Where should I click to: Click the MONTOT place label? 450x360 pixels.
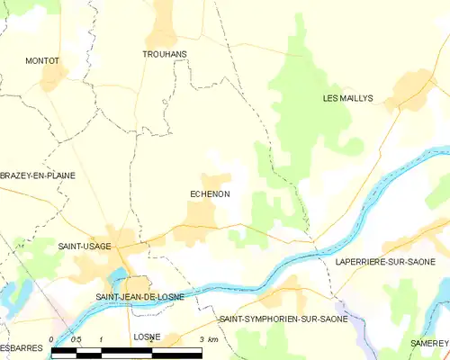point(42,60)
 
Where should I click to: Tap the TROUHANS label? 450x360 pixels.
point(165,54)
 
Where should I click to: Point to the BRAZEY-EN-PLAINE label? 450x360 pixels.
point(38,175)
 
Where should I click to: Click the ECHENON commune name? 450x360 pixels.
point(210,193)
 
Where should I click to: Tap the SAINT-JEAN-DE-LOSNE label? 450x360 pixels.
point(139,296)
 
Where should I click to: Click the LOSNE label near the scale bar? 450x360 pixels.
point(147,337)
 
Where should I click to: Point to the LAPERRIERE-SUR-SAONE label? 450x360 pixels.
point(385,261)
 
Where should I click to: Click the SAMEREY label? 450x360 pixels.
point(430,344)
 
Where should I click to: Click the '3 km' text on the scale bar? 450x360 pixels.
point(208,339)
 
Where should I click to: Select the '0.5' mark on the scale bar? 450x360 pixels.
point(77,339)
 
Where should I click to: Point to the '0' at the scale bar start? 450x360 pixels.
point(52,339)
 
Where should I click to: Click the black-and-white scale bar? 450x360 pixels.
point(126,351)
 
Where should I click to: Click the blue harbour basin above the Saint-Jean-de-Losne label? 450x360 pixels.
point(117,275)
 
